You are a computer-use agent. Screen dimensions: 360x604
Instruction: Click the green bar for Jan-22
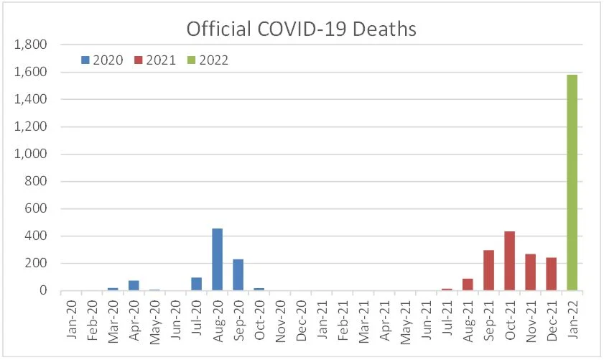tap(572, 183)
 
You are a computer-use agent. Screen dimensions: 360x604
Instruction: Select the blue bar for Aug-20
tap(217, 259)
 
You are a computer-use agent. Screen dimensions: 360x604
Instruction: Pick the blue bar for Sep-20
tap(238, 274)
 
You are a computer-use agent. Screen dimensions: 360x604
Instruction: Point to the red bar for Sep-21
tap(488, 270)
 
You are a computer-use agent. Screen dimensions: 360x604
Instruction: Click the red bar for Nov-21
tap(530, 272)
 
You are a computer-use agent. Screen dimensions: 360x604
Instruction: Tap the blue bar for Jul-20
tap(196, 284)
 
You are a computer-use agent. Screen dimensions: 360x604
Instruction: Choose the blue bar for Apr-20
tap(134, 285)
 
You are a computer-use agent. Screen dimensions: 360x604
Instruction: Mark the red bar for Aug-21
tap(468, 285)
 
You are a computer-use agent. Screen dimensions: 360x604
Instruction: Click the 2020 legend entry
tap(103, 60)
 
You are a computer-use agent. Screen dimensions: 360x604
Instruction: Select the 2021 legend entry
tap(154, 60)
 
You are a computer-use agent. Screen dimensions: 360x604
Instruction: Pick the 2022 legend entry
tap(207, 60)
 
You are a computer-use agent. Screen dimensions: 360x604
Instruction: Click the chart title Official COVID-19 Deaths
tap(302, 29)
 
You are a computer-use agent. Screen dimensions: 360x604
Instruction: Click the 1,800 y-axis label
tap(31, 45)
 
